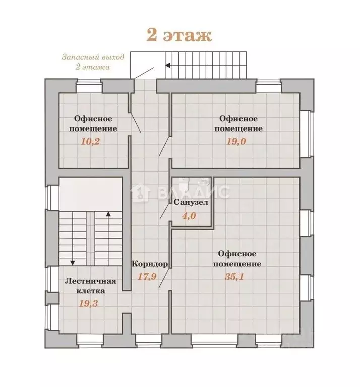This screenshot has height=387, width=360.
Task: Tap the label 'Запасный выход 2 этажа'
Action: coord(86,62)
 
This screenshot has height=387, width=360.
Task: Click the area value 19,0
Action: coord(236,141)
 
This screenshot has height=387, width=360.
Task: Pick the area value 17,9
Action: coord(148,276)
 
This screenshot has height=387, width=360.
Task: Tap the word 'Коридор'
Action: coord(149,264)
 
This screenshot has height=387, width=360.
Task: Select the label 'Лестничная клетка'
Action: coord(90,286)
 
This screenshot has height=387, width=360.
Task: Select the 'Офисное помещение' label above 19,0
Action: coord(238,123)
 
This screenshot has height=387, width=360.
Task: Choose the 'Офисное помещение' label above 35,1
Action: coord(236,259)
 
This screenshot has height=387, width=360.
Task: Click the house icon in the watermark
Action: coord(139,192)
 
